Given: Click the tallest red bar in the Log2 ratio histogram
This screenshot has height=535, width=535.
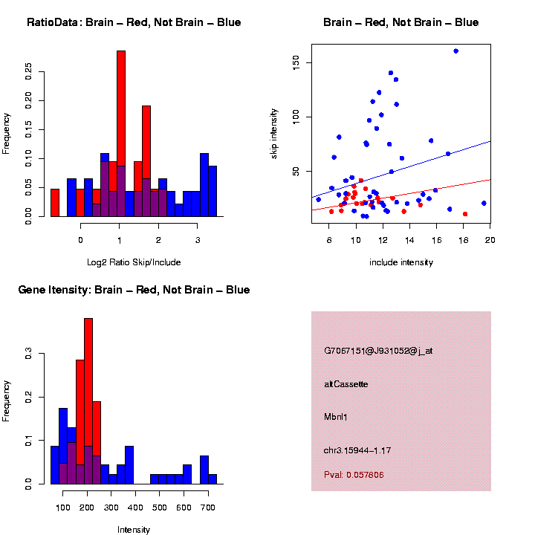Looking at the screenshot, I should (121, 134).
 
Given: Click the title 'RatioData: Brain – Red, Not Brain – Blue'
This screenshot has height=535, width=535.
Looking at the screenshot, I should (134, 22).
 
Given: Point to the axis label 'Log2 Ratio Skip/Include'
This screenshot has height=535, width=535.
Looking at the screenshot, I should (134, 262).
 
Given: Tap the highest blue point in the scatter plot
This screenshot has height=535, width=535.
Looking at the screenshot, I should (455, 51).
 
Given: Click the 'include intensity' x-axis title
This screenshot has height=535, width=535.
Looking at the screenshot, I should (401, 262).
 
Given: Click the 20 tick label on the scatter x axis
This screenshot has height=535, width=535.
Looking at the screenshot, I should (490, 239).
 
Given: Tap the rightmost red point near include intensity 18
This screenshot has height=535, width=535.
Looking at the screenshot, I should (465, 214).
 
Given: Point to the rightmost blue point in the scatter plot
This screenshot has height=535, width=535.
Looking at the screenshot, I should (484, 203).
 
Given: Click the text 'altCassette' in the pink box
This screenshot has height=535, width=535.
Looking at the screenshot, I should (346, 384).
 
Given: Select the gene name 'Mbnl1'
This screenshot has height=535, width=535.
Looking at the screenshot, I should (336, 417).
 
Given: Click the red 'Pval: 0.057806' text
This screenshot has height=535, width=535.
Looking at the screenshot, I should (354, 475).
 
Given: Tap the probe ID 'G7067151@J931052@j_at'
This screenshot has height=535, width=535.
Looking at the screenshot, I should (378, 351).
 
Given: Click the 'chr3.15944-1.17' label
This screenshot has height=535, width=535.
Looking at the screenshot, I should (357, 450).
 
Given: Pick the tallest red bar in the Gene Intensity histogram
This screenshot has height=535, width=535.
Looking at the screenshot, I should (88, 401).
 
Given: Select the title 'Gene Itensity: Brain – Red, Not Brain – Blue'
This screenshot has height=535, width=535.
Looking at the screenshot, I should (134, 290).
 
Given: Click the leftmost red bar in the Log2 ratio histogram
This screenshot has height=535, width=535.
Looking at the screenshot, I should (55, 202).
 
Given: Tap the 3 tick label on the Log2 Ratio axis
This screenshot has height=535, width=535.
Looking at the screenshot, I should (197, 239).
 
